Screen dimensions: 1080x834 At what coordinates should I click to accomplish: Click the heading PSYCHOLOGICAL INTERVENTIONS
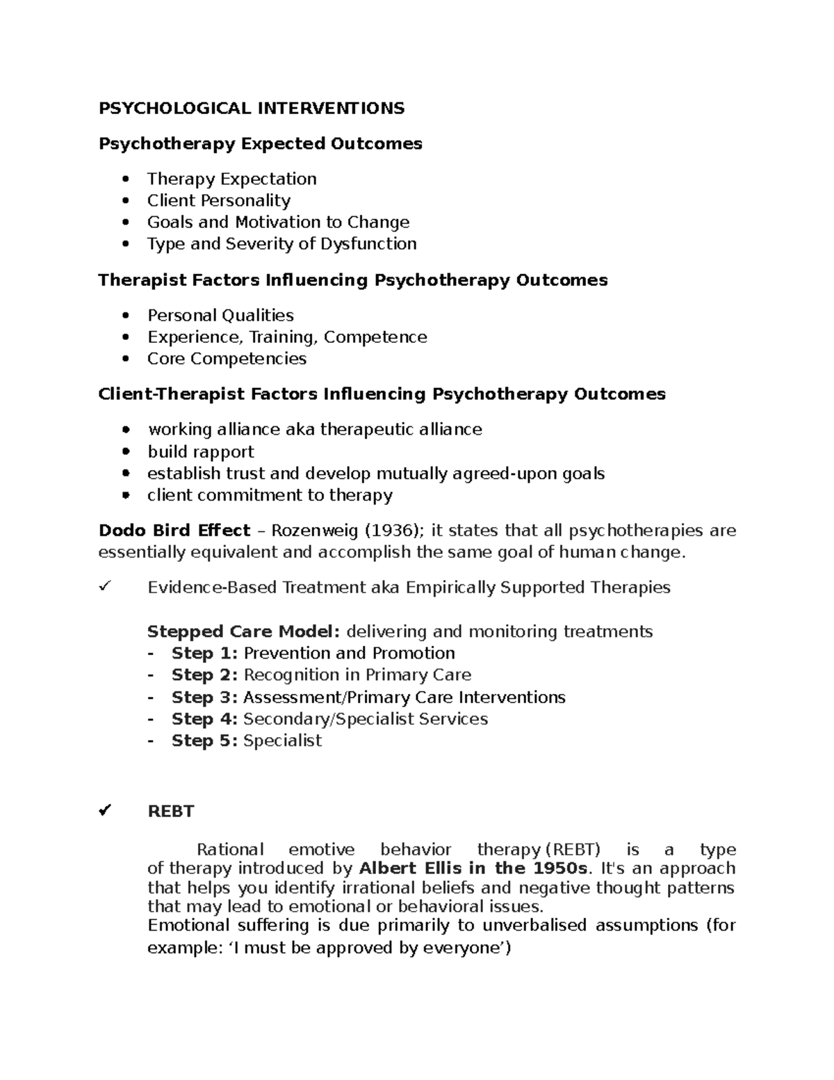pyautogui.click(x=251, y=108)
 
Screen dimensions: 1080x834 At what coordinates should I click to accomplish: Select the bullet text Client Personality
pyautogui.click(x=218, y=201)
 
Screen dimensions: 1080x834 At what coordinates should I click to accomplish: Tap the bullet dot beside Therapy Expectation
pyautogui.click(x=125, y=179)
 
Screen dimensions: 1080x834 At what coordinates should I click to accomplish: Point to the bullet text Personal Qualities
pyautogui.click(x=220, y=316)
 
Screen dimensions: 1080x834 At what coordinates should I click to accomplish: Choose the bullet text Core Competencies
pyautogui.click(x=227, y=359)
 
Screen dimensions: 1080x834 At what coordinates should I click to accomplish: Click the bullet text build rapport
pyautogui.click(x=200, y=452)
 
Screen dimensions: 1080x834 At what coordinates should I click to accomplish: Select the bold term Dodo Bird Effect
pyautogui.click(x=174, y=531)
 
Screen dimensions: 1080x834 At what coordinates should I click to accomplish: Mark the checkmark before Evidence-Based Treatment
pyautogui.click(x=105, y=587)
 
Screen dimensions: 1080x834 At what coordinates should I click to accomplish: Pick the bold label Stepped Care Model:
pyautogui.click(x=243, y=631)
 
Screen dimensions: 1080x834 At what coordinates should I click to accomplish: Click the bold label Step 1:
pyautogui.click(x=204, y=653)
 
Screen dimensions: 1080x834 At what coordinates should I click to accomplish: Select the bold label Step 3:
pyautogui.click(x=204, y=697)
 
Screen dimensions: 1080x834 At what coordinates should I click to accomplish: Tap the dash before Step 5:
pyautogui.click(x=151, y=741)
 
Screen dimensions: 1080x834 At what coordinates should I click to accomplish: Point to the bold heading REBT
pyautogui.click(x=170, y=812)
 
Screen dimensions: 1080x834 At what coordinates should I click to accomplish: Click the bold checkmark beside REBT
pyautogui.click(x=106, y=811)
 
